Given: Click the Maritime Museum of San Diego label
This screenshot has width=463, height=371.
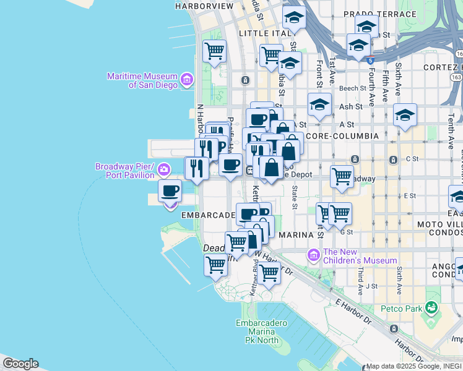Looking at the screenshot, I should [x=142, y=80].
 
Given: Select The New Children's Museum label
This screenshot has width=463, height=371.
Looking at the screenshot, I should [x=360, y=256].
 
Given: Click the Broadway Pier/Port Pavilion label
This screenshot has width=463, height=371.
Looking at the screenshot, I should [x=124, y=171].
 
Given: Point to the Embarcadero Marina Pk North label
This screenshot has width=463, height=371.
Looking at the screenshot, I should [x=261, y=331].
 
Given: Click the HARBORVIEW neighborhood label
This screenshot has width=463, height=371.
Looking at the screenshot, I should [x=204, y=6].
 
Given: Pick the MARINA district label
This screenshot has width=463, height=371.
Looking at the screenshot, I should [x=298, y=235].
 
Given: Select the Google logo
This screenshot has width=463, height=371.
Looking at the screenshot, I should [x=20, y=364].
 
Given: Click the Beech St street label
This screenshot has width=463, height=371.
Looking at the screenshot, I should [x=353, y=89].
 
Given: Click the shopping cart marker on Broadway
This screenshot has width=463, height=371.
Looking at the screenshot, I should [x=342, y=176].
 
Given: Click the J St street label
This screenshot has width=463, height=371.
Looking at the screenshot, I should [x=371, y=286].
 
